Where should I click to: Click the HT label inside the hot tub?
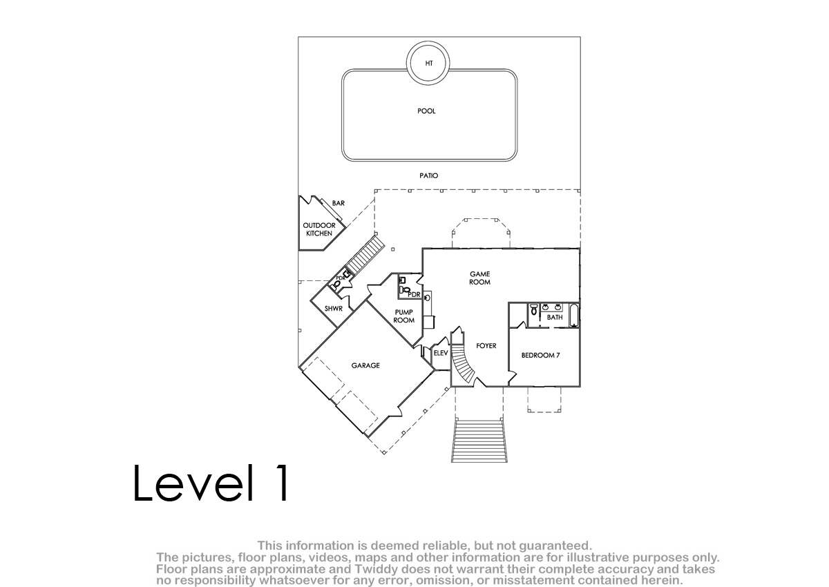pyautogui.click(x=429, y=64)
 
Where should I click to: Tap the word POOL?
pyautogui.click(x=426, y=111)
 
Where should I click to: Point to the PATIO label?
pyautogui.click(x=428, y=175)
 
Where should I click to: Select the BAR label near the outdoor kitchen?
pyautogui.click(x=339, y=203)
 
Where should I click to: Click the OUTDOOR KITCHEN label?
pyautogui.click(x=319, y=229)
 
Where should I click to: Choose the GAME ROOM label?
pyautogui.click(x=480, y=278)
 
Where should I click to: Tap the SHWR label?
pyautogui.click(x=334, y=309)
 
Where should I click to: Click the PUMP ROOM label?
pyautogui.click(x=403, y=316)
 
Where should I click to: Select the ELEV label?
pyautogui.click(x=441, y=353)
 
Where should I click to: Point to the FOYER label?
pyautogui.click(x=486, y=346)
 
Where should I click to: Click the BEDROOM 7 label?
pyautogui.click(x=541, y=356)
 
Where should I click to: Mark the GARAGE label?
pyautogui.click(x=365, y=365)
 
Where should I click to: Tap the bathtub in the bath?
pyautogui.click(x=574, y=315)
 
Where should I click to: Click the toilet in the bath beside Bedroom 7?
pyautogui.click(x=533, y=309)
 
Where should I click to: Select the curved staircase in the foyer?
pyautogui.click(x=464, y=364)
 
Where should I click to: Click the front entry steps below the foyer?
pyautogui.click(x=479, y=440)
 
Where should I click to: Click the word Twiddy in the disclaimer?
pyautogui.click(x=375, y=569)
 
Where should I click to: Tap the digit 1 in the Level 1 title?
pyautogui.click(x=282, y=483)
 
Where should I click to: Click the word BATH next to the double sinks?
pyautogui.click(x=555, y=318)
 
